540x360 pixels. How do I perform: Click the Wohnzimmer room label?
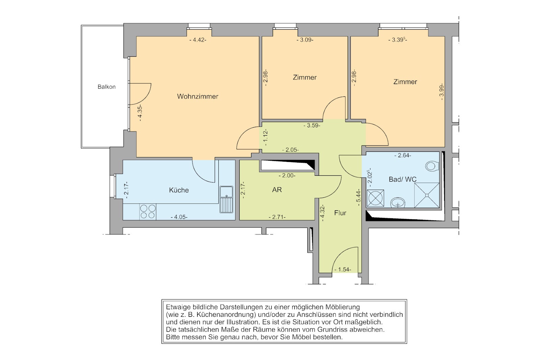197,96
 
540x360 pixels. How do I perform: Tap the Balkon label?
107,87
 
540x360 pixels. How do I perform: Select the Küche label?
179,190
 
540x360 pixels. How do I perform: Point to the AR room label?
277,190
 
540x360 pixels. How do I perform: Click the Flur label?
340,213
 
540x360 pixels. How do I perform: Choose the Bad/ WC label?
403,179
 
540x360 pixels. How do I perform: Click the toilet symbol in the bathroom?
432,166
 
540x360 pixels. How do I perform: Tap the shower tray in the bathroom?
427,195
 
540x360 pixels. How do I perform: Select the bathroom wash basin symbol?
398,202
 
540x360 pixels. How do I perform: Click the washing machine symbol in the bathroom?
375,198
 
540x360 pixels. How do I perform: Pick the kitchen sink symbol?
226,199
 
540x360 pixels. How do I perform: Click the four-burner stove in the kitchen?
148,212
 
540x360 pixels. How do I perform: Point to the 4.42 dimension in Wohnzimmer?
198,40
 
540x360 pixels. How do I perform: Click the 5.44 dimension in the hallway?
358,197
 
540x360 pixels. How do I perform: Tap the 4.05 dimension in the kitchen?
179,217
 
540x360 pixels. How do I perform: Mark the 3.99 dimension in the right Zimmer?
442,92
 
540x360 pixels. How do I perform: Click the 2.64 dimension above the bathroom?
403,156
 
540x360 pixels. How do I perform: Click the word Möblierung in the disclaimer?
343,307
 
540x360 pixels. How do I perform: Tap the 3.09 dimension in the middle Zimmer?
305,40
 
